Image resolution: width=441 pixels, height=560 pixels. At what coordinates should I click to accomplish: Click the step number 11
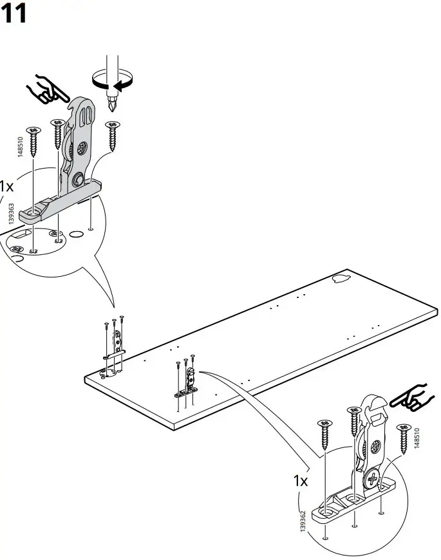[14, 14]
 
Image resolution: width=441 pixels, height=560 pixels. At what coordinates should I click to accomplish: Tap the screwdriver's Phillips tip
[114, 102]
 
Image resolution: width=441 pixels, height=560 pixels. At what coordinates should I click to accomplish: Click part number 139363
[12, 205]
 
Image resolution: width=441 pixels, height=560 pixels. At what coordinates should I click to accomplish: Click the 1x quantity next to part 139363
[6, 187]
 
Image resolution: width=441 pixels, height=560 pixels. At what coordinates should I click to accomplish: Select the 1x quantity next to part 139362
[301, 481]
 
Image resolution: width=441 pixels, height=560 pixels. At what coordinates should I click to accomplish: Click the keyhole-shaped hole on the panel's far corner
[339, 279]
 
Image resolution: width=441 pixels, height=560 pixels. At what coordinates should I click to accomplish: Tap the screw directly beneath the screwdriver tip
[113, 135]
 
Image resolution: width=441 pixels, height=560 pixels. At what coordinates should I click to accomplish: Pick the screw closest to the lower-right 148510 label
[404, 438]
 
